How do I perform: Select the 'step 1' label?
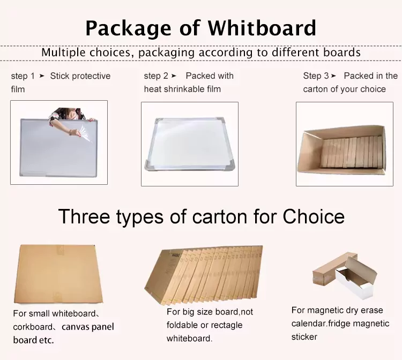tap(23, 76)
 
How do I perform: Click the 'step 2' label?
tap(156, 76)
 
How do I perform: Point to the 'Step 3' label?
tap(316, 76)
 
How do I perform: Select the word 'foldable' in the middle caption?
tap(185, 325)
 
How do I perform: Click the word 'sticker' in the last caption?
tap(304, 337)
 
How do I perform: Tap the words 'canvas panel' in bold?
tap(88, 327)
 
